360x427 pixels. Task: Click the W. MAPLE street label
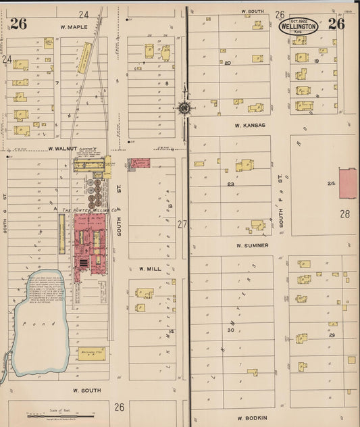point(74,27)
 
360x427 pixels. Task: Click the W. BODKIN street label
point(253,418)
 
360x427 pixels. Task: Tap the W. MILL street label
point(150,268)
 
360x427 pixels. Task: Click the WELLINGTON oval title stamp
point(298,28)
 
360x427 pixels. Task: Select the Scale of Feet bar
point(61,414)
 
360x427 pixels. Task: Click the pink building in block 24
point(348,184)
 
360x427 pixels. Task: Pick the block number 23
point(230,184)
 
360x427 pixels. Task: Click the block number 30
point(230,330)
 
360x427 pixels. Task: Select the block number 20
point(228,63)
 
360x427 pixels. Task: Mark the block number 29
point(332,335)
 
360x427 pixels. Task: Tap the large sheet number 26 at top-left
point(18,24)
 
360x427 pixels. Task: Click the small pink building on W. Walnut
point(138,164)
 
